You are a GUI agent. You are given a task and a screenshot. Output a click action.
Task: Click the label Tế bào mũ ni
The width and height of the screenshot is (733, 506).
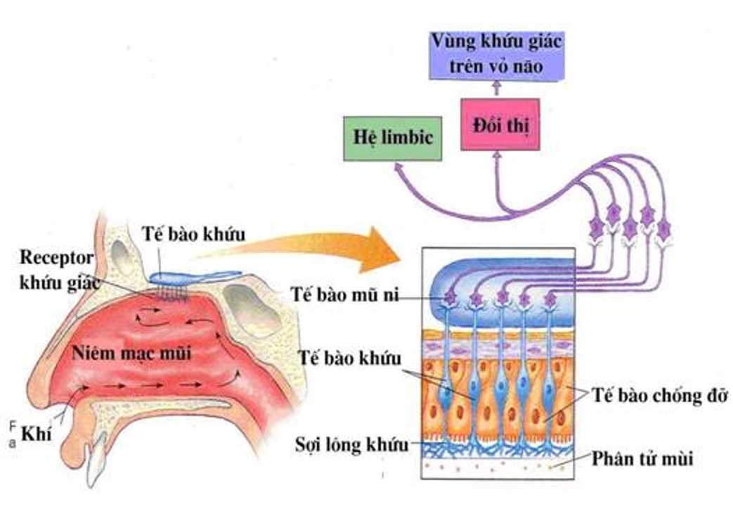[344, 294]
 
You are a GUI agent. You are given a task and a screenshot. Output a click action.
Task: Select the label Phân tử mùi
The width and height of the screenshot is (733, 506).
[642, 460]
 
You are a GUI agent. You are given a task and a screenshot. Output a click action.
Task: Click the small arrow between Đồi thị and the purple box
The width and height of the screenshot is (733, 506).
[497, 88]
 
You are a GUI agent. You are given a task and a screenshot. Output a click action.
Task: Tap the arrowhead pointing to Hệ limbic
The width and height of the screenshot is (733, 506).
[399, 167]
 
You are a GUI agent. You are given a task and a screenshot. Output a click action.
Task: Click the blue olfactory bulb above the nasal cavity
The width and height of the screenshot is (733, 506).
[181, 279]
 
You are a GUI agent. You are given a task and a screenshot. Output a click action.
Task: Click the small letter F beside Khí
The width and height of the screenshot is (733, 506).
[13, 426]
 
